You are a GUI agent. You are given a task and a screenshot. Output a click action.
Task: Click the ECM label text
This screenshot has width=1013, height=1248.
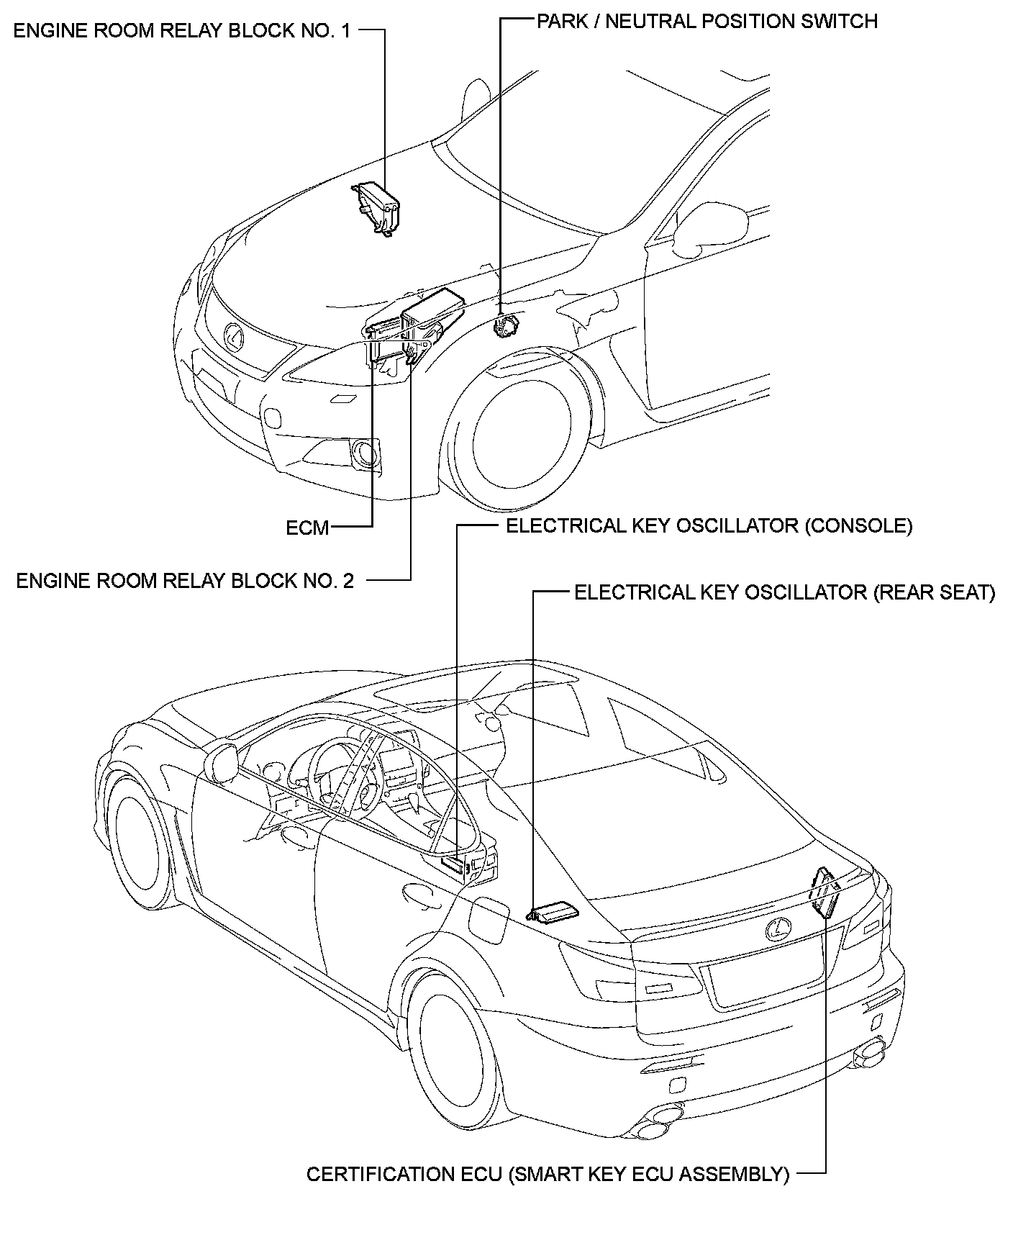[307, 528]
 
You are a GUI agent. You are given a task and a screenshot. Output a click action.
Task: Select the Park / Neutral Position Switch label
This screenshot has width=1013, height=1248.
[707, 21]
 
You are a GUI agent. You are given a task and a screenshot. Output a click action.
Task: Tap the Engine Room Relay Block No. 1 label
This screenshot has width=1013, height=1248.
[183, 31]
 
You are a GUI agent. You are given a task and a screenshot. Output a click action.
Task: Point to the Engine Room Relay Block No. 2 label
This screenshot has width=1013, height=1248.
[185, 580]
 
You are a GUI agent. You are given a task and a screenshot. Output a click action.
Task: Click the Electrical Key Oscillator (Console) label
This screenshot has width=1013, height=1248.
[709, 525]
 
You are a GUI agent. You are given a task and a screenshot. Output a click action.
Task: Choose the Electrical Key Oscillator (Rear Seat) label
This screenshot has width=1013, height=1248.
[784, 592]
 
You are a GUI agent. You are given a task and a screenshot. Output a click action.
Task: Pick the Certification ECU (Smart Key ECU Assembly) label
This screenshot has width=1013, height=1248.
[548, 1174]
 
